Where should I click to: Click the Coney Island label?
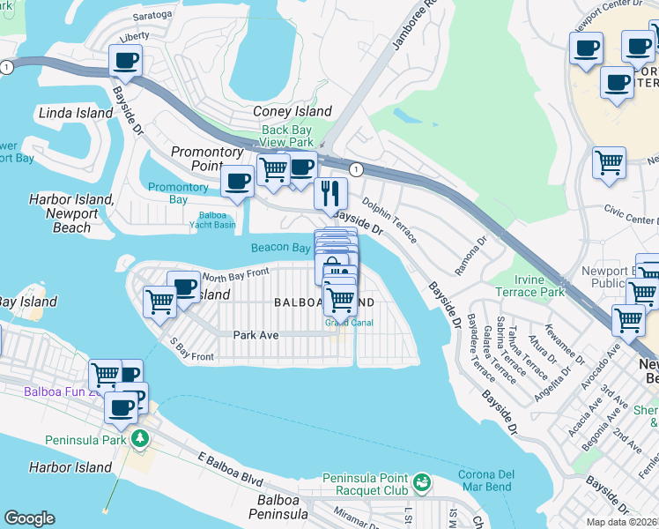coord(292,111)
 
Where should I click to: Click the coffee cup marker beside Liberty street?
coord(125,61)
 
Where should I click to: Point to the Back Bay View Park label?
coord(287,136)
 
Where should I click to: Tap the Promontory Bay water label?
coord(178,193)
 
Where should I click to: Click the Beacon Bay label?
coord(280,248)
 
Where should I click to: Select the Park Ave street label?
coord(255,335)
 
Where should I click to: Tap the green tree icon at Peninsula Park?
coord(139,438)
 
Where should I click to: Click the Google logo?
coord(29,518)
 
